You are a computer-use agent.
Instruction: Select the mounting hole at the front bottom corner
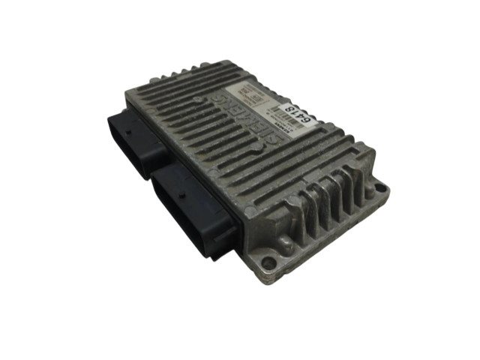(x=266, y=265)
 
